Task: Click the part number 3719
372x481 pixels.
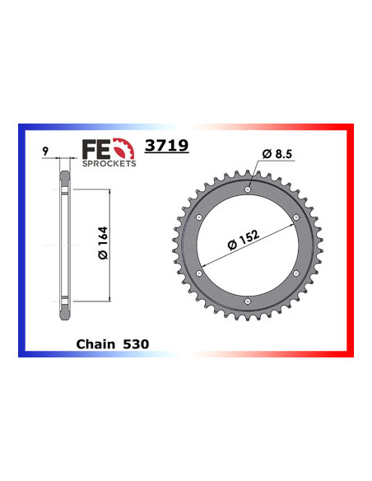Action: click(x=166, y=146)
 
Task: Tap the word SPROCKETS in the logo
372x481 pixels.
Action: click(x=109, y=164)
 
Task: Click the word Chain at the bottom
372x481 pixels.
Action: click(x=96, y=343)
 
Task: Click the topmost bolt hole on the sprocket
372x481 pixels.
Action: click(x=248, y=189)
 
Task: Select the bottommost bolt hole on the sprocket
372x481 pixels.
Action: click(x=248, y=304)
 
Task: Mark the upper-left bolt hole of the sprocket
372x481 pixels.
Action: click(x=198, y=217)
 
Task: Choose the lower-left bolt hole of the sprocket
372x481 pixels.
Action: click(x=198, y=275)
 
